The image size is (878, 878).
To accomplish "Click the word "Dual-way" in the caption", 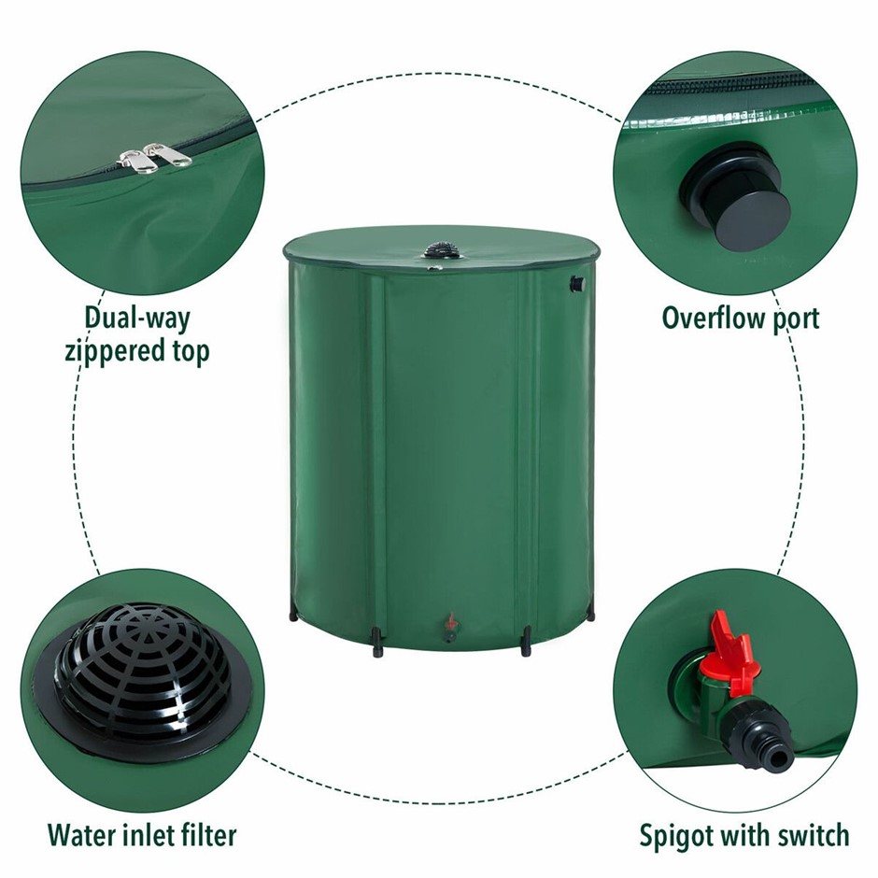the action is point(137,319).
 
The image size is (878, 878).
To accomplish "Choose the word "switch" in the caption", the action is point(813,834).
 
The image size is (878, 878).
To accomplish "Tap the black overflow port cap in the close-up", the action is point(735,188).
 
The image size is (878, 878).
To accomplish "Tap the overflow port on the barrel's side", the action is point(576,285).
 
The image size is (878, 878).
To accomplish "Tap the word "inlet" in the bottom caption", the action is point(142,834).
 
